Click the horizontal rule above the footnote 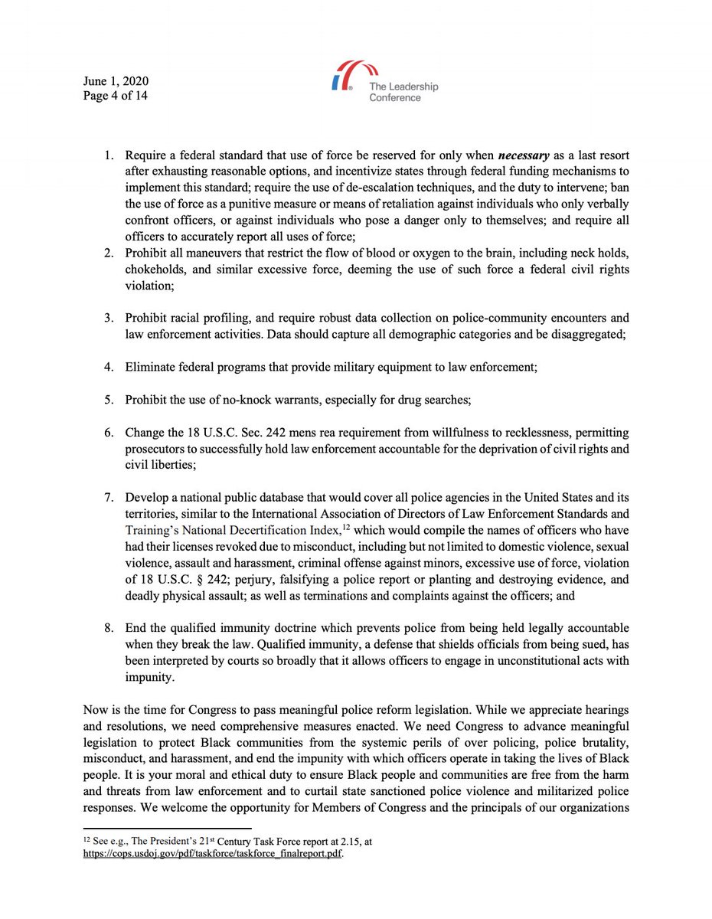[166, 828]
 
